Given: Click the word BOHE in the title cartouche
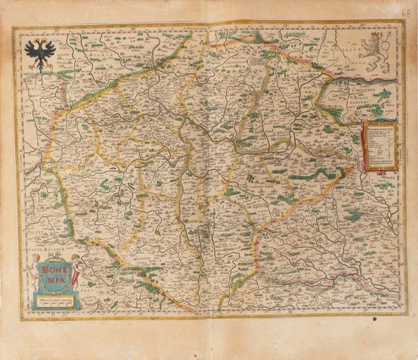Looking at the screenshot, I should [x=56, y=265].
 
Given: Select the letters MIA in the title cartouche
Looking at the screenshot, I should [x=56, y=276].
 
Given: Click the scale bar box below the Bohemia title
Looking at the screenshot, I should [x=56, y=300].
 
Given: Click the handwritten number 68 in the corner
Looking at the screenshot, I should [x=405, y=13].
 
